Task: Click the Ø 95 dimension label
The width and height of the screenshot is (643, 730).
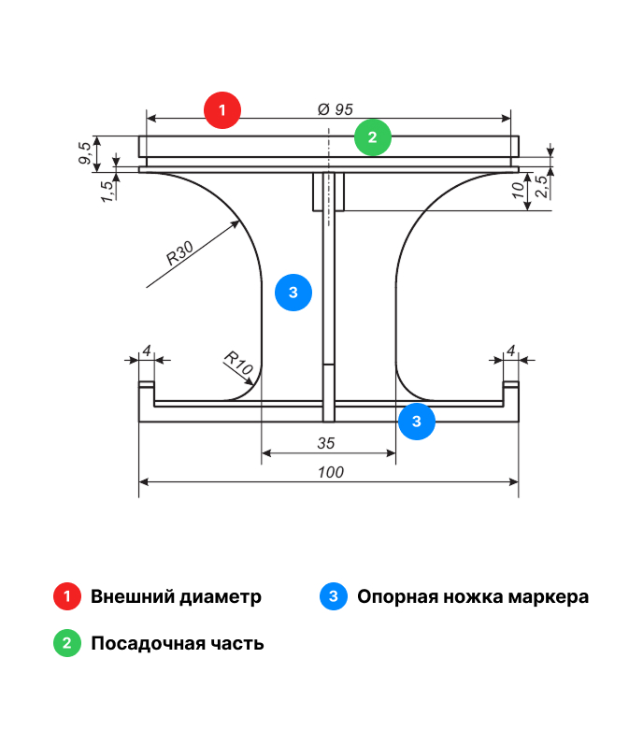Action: (336, 109)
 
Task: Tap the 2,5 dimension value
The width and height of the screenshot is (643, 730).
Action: (541, 186)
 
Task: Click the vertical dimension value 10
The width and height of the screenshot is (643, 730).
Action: (517, 191)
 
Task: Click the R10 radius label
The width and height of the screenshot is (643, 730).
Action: (238, 363)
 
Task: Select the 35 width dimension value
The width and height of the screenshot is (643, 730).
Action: (326, 443)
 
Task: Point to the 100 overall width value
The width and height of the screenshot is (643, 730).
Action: (330, 473)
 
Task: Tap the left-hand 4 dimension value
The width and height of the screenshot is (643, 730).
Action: (146, 351)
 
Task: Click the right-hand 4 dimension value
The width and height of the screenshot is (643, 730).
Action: (510, 351)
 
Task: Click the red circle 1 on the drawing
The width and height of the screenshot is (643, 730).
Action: (222, 110)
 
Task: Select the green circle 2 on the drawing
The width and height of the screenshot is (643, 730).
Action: (373, 138)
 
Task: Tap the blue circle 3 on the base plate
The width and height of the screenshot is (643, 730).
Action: (417, 422)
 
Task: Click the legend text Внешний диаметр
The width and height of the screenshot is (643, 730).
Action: (176, 596)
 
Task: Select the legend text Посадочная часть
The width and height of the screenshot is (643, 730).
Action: (177, 644)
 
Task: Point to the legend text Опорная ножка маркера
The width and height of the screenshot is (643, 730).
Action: (473, 596)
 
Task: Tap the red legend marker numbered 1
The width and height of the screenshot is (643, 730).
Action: (68, 596)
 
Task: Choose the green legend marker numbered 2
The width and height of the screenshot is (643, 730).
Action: (68, 644)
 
